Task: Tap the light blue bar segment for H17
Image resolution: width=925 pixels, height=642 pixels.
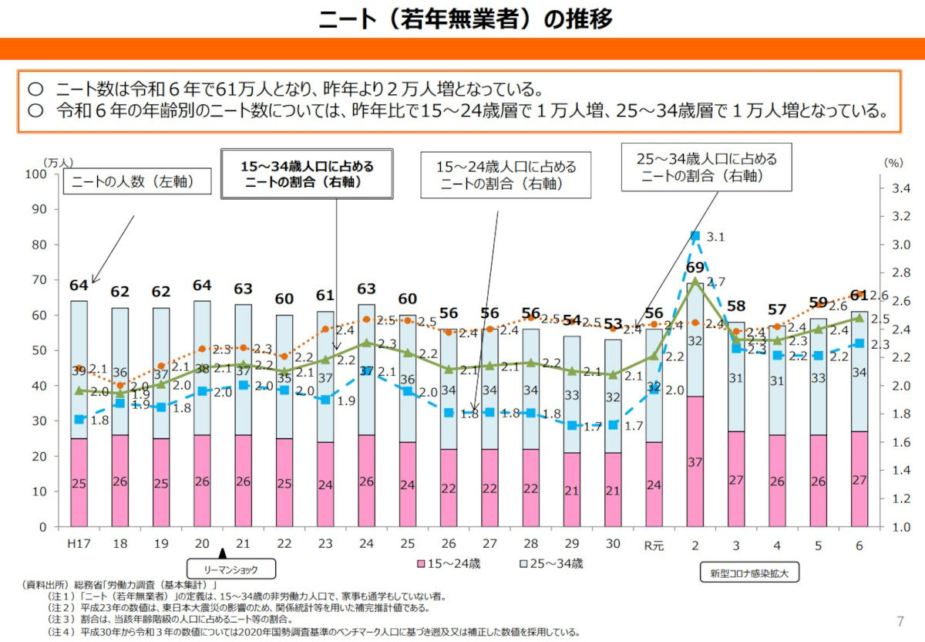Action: pos(79,370)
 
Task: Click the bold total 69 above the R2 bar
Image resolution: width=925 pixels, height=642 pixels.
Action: pos(695,268)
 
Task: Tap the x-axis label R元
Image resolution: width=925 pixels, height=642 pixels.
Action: pos(654,544)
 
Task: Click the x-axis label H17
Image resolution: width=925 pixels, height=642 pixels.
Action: pos(79,544)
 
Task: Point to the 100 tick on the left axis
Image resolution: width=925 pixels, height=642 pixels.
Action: pos(38,174)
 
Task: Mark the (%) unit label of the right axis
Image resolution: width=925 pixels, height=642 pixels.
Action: pos(893,163)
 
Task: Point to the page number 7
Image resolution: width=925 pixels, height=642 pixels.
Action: pos(900,622)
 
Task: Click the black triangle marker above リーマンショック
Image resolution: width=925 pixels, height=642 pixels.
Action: pos(223,552)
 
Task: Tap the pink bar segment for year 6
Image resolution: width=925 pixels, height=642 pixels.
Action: pos(859,478)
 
